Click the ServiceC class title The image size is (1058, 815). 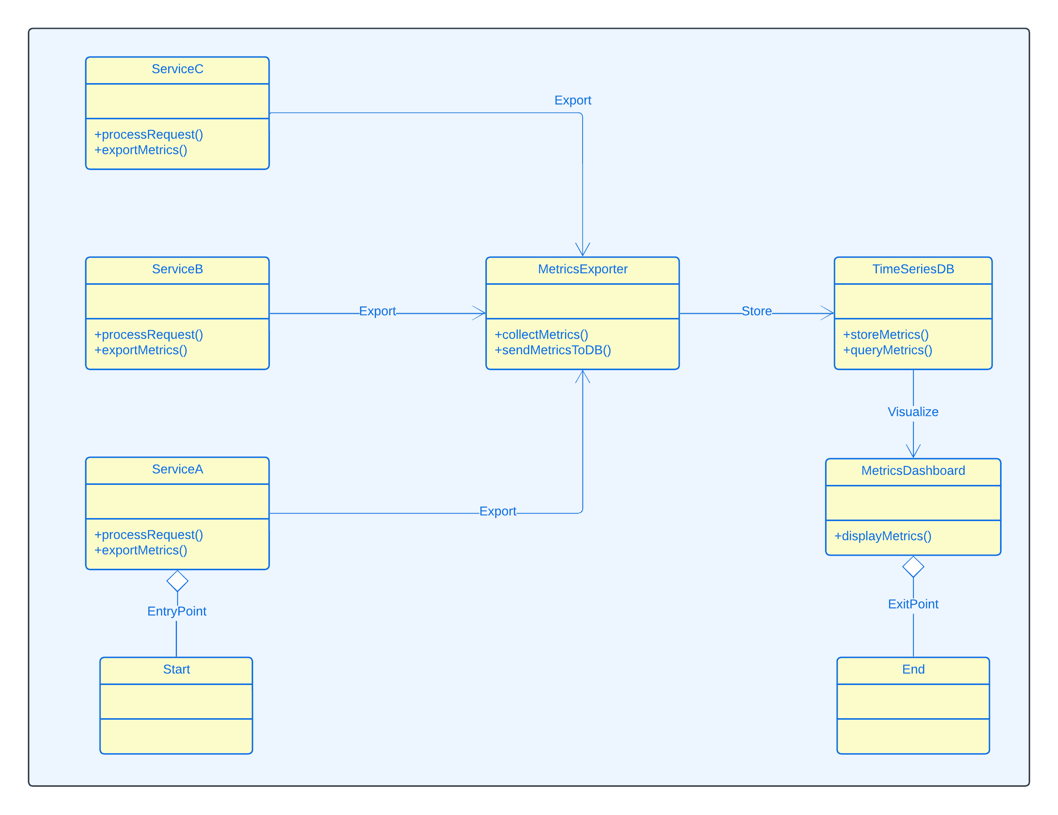177,69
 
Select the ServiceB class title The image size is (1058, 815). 177,269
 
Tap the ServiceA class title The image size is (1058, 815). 177,469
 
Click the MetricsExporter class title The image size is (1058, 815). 582,269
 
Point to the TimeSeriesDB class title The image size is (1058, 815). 913,269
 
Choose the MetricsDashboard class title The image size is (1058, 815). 913,471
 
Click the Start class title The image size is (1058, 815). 176,669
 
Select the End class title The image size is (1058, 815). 913,669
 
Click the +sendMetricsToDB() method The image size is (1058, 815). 552,350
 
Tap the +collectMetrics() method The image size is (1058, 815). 541,335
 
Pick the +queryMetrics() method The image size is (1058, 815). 887,350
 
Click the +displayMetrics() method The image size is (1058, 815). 882,536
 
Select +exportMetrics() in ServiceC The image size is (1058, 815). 140,150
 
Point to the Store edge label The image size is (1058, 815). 756,311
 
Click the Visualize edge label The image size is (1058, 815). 913,412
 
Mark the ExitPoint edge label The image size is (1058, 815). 913,604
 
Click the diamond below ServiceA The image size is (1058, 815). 177,581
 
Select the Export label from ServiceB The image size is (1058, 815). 377,311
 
